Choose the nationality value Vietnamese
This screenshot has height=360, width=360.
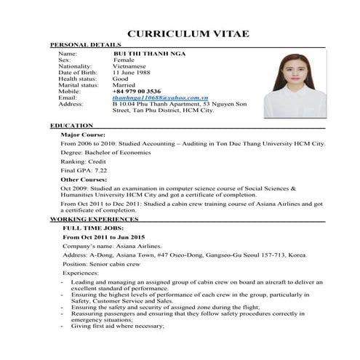coord(132,66)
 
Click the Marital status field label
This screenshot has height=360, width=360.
coord(78,85)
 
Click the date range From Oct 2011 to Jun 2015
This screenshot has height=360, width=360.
coord(104,238)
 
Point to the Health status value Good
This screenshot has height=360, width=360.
coord(121,79)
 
